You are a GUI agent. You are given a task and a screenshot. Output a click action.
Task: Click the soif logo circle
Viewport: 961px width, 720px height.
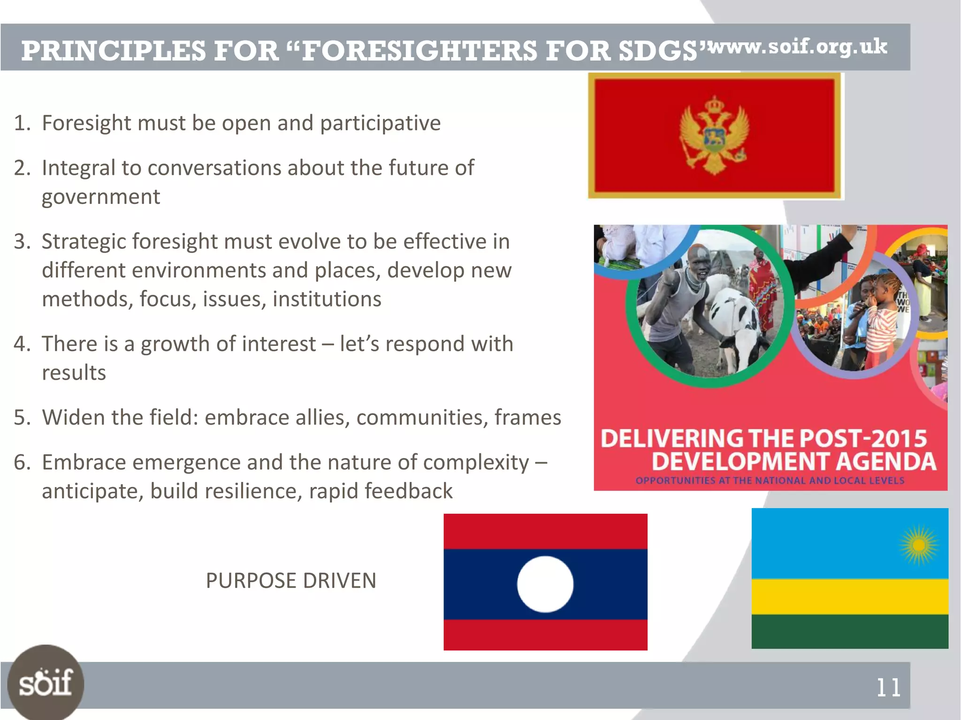[x=46, y=682]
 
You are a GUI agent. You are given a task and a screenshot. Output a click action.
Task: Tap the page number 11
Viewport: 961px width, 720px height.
[x=888, y=688]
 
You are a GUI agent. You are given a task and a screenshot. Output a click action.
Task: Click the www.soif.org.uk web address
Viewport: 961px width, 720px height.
[x=798, y=47]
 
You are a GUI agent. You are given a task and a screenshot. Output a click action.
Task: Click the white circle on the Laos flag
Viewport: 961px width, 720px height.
[x=545, y=584]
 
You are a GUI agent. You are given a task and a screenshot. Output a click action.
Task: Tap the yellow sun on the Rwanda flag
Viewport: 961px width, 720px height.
[x=919, y=545]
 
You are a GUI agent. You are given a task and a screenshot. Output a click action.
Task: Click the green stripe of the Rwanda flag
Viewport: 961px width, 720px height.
[x=849, y=631]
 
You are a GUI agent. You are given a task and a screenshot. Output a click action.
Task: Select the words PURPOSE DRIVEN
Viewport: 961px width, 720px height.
[x=291, y=581]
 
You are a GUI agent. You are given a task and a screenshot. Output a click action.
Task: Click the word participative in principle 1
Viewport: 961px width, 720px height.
[x=380, y=123]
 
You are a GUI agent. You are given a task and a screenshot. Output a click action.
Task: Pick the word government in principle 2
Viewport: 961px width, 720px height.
[x=101, y=197]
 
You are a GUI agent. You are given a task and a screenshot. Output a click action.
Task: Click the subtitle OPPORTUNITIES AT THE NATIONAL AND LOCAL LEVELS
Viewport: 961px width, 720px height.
[x=770, y=480]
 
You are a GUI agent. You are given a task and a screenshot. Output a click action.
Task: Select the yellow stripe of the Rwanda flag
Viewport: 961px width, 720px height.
[x=849, y=596]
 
